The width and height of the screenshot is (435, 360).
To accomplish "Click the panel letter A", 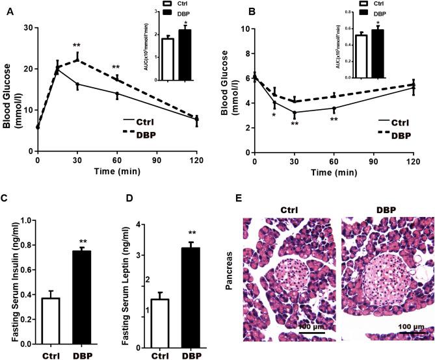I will (8, 11).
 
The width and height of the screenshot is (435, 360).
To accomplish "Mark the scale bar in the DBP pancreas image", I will (414, 333).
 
